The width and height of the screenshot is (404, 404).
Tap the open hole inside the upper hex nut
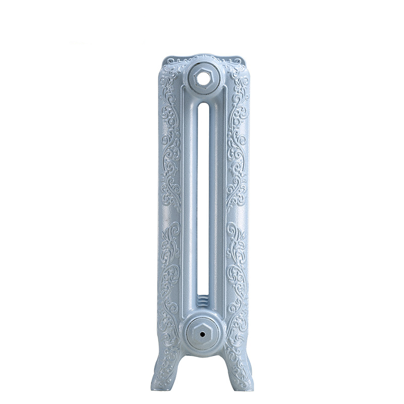[203, 78]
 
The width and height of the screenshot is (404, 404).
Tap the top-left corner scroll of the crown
[172, 63]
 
